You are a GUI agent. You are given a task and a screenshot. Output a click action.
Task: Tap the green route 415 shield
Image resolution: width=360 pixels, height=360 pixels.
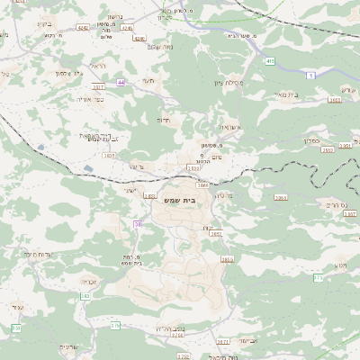269,61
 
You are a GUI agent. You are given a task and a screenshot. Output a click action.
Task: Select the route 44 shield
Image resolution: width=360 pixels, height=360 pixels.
121,82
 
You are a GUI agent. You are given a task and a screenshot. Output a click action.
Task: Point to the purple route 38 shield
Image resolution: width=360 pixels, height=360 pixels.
138,224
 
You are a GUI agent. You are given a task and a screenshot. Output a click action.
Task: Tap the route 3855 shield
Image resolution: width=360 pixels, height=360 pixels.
227,259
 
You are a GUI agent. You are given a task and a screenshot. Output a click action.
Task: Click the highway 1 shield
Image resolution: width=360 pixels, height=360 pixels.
311,76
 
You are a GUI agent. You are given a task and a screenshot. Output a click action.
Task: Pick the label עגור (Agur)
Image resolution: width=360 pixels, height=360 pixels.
17,307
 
